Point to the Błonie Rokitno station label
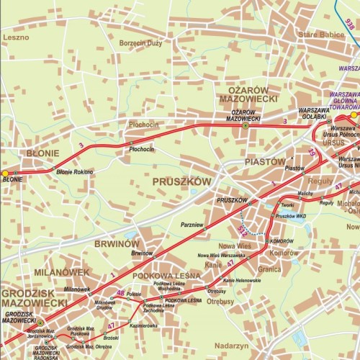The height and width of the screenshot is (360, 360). coord(75,172)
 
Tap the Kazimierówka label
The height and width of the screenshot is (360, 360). coord(144,325)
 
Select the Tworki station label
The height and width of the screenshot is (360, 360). coord(289,204)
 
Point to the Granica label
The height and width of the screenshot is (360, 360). coord(269,269)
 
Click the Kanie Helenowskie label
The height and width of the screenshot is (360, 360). coord(242,279)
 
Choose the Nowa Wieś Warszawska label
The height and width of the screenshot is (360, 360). coord(222,256)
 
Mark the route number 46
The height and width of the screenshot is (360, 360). coord(120,292)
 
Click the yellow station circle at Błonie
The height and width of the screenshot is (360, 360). coord(6,173)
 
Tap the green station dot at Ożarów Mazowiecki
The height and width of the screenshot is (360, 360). coord(246,126)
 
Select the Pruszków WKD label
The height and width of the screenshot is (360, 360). coord(292,216)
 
